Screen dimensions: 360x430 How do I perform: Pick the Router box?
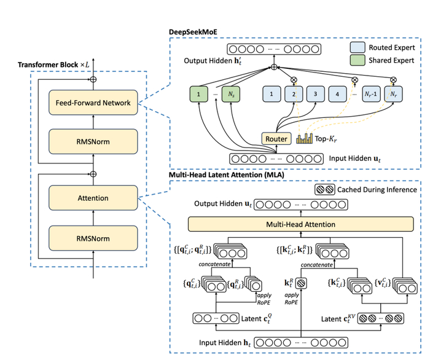[276, 139]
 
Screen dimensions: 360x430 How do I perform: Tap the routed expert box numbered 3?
[315, 95]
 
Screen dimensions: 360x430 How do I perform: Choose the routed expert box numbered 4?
[338, 95]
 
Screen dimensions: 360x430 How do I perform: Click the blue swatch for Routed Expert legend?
[358, 47]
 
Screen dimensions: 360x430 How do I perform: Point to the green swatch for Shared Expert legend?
[358, 61]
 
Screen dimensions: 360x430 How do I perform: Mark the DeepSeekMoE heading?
[198, 30]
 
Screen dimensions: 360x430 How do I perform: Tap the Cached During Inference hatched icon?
[324, 190]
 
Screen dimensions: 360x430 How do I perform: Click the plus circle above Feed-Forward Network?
[93, 79]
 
